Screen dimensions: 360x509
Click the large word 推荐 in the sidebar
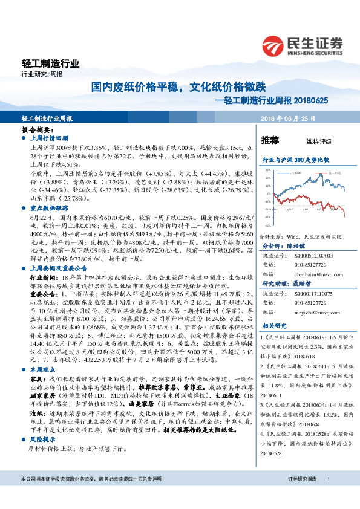[270, 141]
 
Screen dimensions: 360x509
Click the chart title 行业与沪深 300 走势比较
[295, 160]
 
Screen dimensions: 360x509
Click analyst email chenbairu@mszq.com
[304, 257]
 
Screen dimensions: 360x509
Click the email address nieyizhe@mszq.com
[303, 296]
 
